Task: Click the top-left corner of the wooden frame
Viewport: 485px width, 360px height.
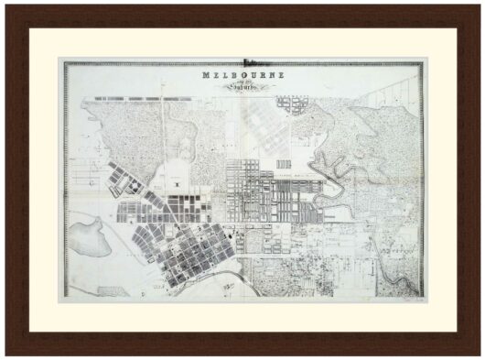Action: (x=6, y=6)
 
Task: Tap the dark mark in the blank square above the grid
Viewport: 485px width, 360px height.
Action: (x=173, y=184)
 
